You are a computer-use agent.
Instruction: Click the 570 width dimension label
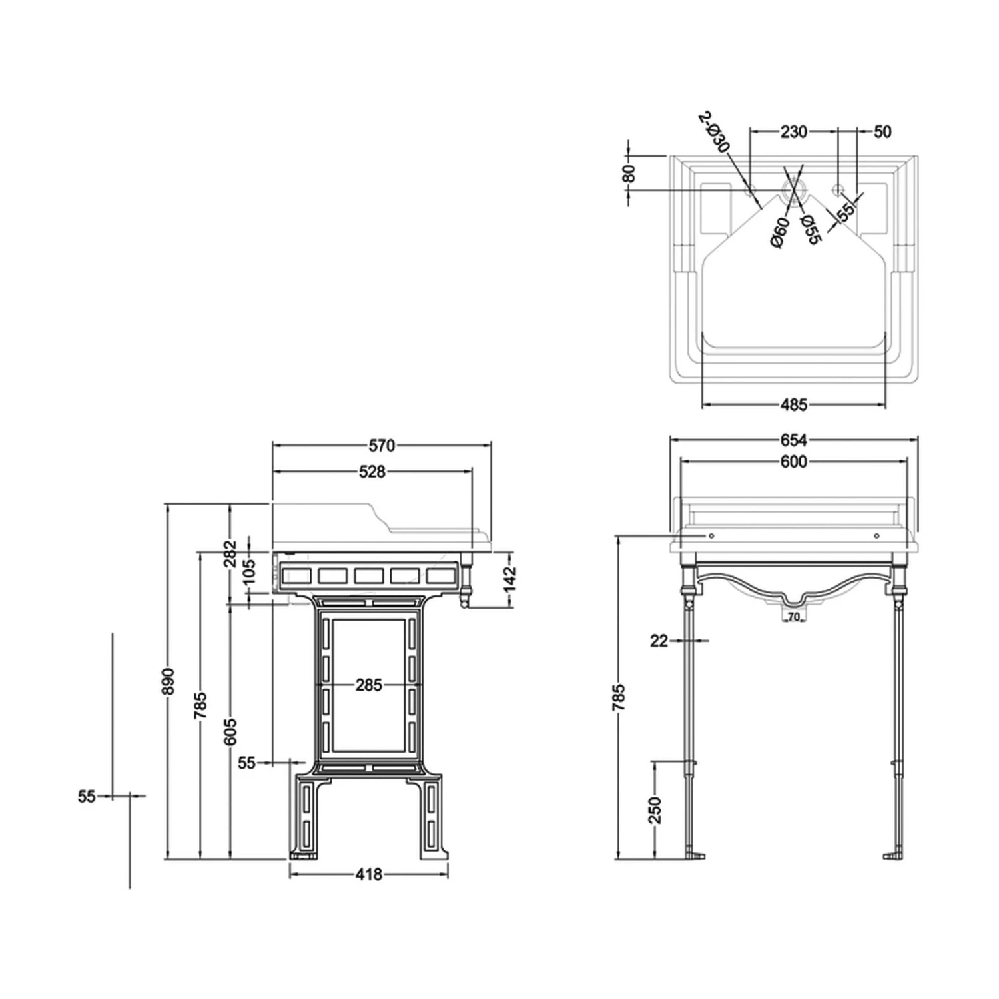pyautogui.click(x=382, y=445)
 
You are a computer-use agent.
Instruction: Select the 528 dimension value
pyautogui.click(x=372, y=472)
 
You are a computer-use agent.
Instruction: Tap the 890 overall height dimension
pyautogui.click(x=168, y=681)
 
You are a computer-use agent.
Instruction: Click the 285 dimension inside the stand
pyautogui.click(x=368, y=685)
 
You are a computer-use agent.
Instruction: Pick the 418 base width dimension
pyautogui.click(x=368, y=874)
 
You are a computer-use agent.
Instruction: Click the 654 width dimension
pyautogui.click(x=793, y=440)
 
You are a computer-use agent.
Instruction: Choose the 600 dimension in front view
pyautogui.click(x=793, y=461)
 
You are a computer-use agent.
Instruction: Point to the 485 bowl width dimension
pyautogui.click(x=793, y=404)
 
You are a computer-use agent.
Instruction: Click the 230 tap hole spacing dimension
pyautogui.click(x=793, y=132)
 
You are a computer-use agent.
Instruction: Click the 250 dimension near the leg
pyautogui.click(x=655, y=810)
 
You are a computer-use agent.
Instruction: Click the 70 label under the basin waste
pyautogui.click(x=793, y=617)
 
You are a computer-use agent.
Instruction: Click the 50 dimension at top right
pyautogui.click(x=882, y=132)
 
